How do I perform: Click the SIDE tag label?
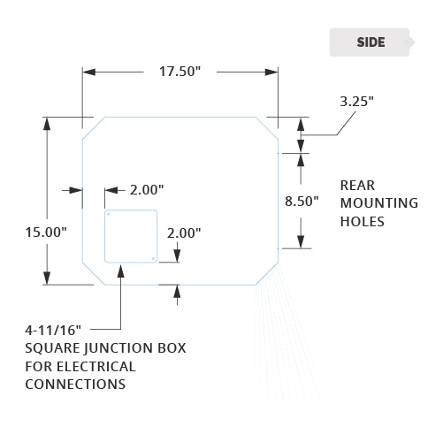[370, 42]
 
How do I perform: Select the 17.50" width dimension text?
[179, 72]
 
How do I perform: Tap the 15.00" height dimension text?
[46, 232]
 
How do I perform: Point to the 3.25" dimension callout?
[356, 102]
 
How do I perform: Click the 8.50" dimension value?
[302, 202]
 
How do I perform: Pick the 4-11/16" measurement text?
[53, 331]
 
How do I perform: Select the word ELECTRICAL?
[96, 367]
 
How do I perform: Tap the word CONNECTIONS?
[75, 385]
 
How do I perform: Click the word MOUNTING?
[379, 203]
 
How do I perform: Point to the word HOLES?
[363, 222]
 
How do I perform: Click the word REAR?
[357, 186]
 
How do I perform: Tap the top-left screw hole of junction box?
[109, 214]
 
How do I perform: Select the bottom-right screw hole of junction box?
[153, 258]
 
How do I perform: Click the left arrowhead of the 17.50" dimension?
[88, 72]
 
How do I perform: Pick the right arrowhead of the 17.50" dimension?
[271, 72]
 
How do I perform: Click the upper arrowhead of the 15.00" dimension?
[47, 124]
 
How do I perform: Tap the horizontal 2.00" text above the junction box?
[147, 190]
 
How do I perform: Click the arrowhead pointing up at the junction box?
[121, 271]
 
